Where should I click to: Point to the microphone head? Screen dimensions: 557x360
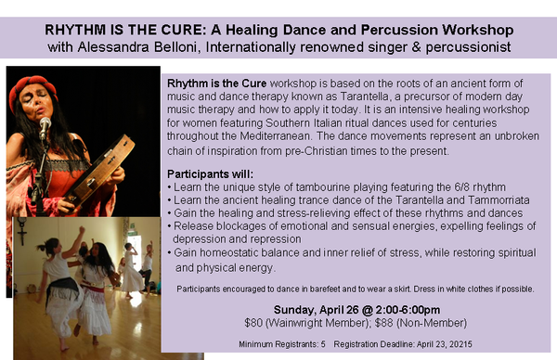click(x=45, y=123)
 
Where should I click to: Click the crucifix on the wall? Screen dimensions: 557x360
click(x=22, y=231)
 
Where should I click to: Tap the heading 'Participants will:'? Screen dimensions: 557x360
click(x=211, y=174)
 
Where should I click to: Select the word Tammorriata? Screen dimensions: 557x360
click(x=499, y=200)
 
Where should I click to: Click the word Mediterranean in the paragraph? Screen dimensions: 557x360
click(x=276, y=136)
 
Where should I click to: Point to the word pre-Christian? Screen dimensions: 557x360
click(x=316, y=151)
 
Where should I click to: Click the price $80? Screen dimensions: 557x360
click(x=253, y=323)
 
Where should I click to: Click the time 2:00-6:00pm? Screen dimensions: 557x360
click(x=408, y=310)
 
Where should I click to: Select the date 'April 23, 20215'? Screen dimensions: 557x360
click(x=445, y=344)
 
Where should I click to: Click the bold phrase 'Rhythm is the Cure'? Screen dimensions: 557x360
click(x=216, y=84)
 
